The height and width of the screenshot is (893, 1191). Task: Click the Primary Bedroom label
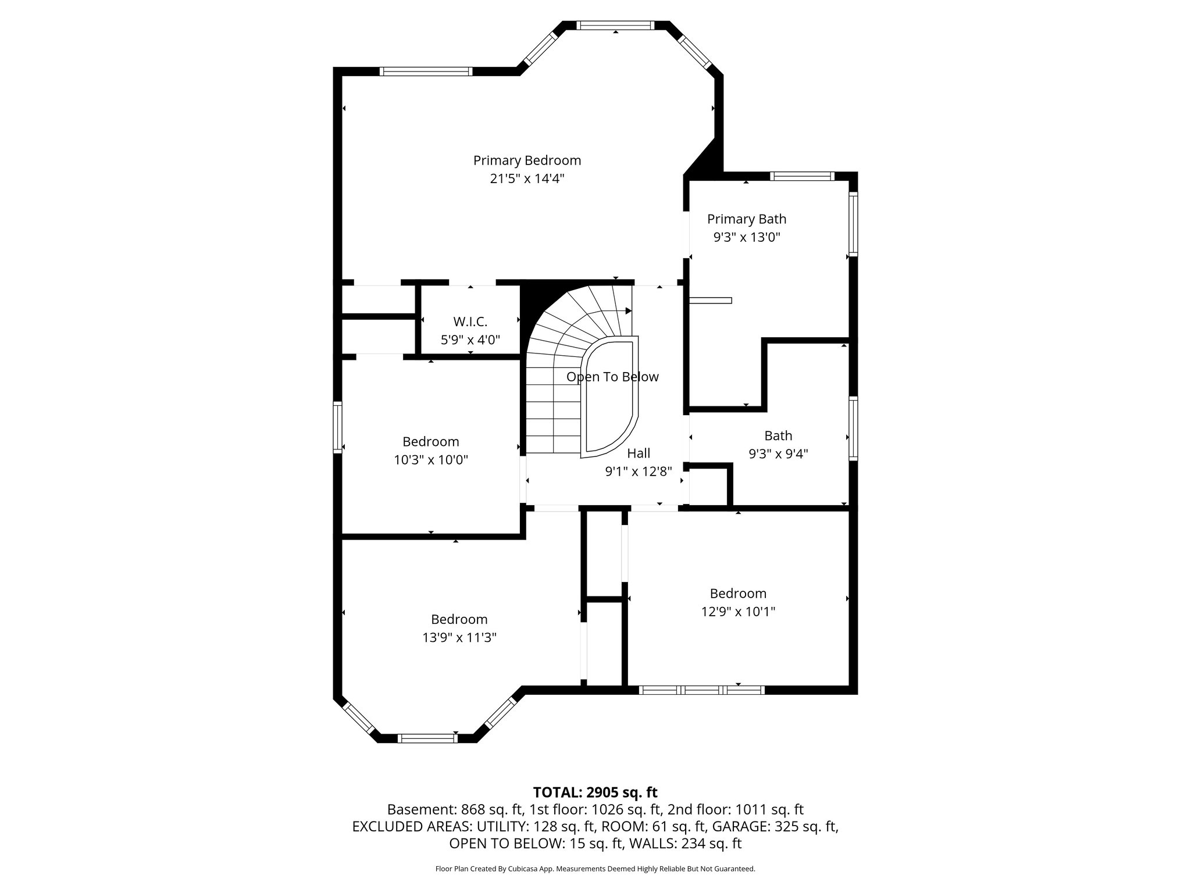point(527,160)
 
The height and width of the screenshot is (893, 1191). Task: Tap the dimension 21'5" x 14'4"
point(527,178)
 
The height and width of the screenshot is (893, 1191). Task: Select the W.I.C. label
point(470,322)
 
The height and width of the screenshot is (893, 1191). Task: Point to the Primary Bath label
point(747,219)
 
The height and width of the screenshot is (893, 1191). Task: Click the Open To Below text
point(612,377)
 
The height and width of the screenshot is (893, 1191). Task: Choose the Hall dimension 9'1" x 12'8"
point(639,471)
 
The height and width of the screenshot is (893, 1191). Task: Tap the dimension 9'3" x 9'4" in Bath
point(778,453)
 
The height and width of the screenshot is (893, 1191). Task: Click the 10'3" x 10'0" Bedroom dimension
point(431,460)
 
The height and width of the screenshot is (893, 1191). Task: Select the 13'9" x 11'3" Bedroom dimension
point(459,638)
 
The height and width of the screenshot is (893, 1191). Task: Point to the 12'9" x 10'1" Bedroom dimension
point(738,612)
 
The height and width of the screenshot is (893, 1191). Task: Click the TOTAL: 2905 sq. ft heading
point(595,792)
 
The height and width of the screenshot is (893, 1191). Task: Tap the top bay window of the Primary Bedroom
point(615,25)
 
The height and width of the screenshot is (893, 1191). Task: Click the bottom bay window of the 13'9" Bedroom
point(427,738)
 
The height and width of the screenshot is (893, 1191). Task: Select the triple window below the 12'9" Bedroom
point(701,690)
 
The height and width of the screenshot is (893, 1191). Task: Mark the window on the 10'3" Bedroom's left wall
point(337,427)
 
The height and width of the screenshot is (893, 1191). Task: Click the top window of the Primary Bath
point(803,176)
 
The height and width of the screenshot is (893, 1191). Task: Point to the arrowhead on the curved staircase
point(628,311)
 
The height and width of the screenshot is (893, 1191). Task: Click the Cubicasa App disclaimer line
point(595,869)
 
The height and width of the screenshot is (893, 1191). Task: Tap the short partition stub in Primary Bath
point(710,300)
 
